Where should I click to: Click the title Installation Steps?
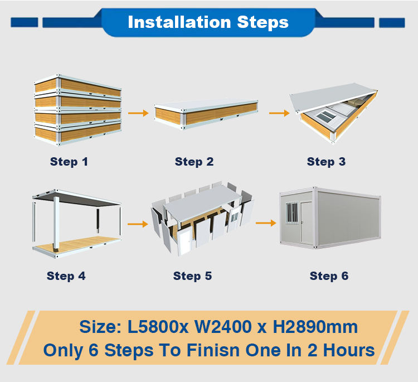[208, 22]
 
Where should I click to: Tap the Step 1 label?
[69, 162]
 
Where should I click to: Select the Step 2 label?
[194, 162]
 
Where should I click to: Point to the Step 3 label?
[326, 162]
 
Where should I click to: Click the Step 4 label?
[66, 276]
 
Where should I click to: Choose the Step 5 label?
[192, 276]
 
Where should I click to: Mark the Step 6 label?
[329, 276]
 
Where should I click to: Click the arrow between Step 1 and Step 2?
[138, 113]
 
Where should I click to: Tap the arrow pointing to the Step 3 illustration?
[279, 113]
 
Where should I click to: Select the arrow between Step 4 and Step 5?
[138, 224]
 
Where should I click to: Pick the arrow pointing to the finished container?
[266, 223]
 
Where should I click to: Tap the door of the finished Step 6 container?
[306, 223]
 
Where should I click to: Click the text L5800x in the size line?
[158, 327]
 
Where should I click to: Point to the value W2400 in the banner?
[223, 327]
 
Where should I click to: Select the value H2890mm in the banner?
[315, 327]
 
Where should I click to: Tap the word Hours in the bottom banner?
[349, 350]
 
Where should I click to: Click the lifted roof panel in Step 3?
[333, 98]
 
